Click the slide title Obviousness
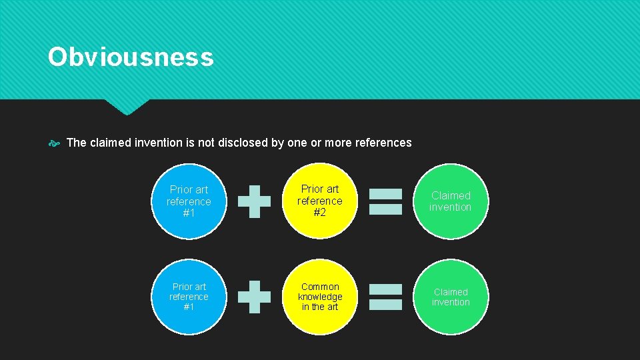(131, 57)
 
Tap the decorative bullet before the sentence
(54, 143)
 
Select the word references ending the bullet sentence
(383, 143)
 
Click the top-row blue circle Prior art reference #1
(189, 201)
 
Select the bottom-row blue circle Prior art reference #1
(189, 297)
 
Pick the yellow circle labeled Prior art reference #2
(320, 201)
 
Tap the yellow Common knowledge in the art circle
(320, 297)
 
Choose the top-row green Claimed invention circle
(451, 201)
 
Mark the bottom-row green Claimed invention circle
(451, 297)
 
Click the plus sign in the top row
(255, 201)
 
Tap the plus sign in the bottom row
(255, 297)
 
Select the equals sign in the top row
(386, 201)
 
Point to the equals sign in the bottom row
(386, 297)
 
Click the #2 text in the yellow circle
(320, 213)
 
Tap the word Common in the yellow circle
(320, 287)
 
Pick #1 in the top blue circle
(189, 213)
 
